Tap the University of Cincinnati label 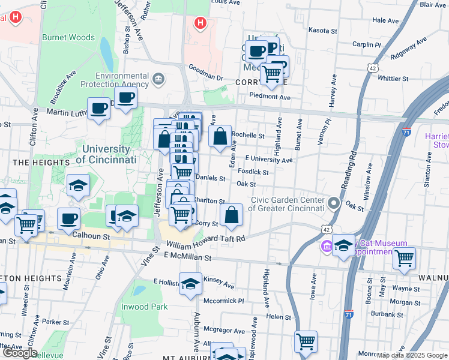(x=106, y=154)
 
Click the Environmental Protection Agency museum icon (x=158, y=79)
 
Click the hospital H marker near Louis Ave (x=200, y=23)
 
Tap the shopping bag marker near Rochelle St (x=220, y=136)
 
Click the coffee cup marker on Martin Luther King (x=98, y=108)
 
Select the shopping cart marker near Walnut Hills (x=404, y=258)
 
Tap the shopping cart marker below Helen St (x=306, y=341)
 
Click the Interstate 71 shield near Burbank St (x=350, y=314)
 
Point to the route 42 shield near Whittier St (x=373, y=68)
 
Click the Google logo (x=19, y=353)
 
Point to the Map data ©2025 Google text (x=412, y=355)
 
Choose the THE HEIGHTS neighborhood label (x=41, y=163)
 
